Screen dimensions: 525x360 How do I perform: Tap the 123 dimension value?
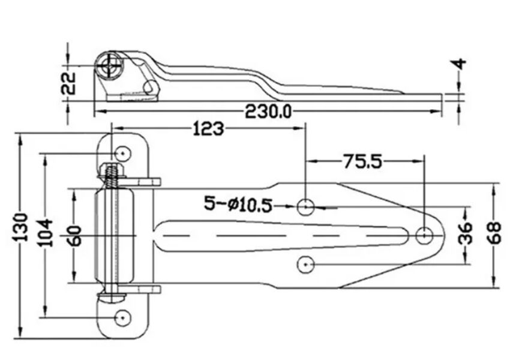click(x=208, y=129)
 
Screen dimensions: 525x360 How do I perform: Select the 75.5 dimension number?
click(x=362, y=161)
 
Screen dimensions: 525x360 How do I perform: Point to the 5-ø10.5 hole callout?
click(x=238, y=204)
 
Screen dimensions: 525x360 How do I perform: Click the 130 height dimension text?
click(x=21, y=227)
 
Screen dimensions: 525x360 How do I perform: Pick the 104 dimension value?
click(x=45, y=233)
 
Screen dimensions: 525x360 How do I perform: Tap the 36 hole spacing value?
click(x=465, y=233)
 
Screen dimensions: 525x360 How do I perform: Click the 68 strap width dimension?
click(x=494, y=233)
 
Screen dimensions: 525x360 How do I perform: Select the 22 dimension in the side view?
click(x=68, y=83)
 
